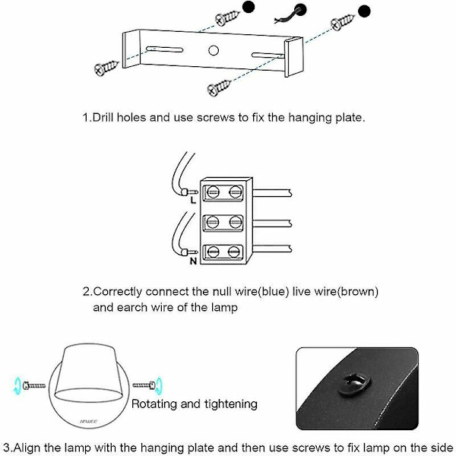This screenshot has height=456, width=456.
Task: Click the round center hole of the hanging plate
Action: click(214, 51)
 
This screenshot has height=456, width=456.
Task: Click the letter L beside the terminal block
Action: click(193, 201)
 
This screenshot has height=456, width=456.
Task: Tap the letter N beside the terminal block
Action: click(193, 261)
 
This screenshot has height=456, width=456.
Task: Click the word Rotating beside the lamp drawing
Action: click(157, 404)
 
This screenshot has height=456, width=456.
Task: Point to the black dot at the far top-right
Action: click(366, 11)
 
